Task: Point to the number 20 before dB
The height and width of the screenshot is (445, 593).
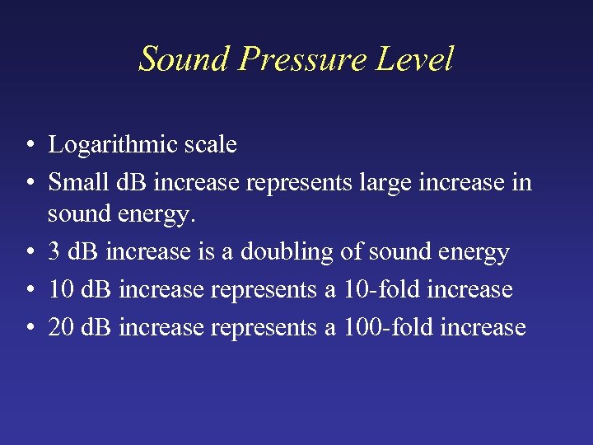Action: pos(60,327)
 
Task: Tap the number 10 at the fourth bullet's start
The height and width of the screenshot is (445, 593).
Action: pos(60,289)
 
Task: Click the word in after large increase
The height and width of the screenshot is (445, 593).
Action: pos(522,181)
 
